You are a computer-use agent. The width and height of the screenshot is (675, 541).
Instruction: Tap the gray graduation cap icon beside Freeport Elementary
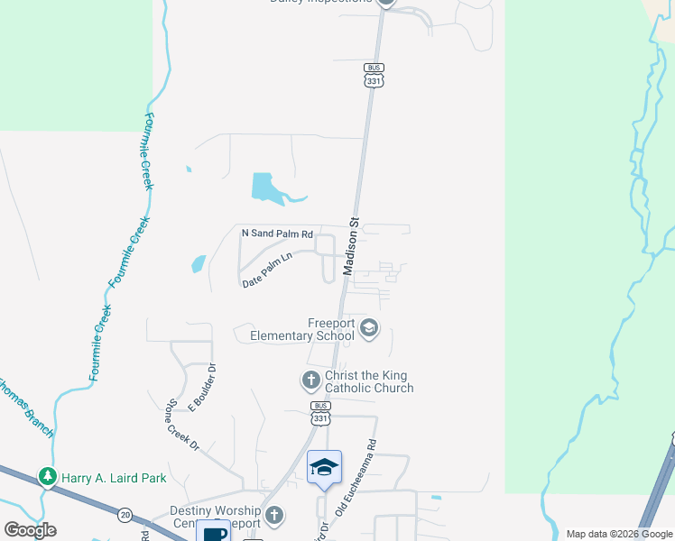(368, 327)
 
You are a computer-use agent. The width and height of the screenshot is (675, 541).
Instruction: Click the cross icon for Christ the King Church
(310, 380)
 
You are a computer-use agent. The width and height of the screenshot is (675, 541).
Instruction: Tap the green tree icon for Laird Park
(45, 475)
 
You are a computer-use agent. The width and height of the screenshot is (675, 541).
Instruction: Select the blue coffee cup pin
(213, 532)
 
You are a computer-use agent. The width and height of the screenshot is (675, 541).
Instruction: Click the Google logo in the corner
(30, 530)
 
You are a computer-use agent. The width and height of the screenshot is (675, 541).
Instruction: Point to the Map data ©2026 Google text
(619, 533)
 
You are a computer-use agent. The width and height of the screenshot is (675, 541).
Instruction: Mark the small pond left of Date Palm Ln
(198, 264)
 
